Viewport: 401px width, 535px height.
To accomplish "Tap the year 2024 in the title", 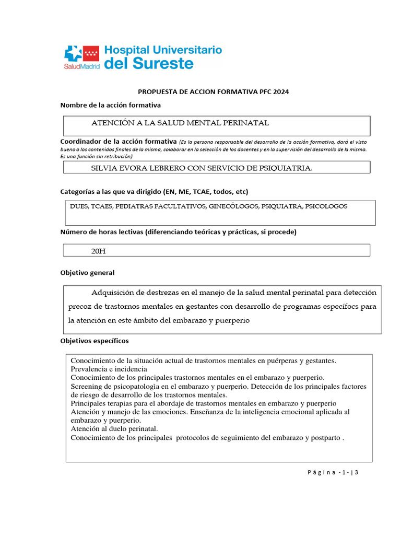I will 280,91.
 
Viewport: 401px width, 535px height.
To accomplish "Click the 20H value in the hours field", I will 98,251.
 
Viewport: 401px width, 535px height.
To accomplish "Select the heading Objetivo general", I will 87,273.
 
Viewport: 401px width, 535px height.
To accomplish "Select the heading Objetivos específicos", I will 95,341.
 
